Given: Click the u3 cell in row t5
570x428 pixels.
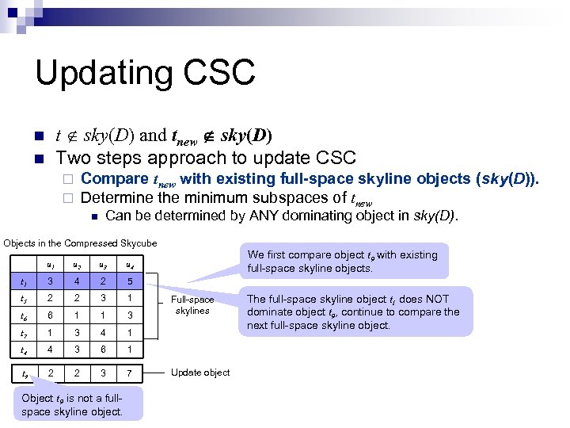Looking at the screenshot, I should point(103,299).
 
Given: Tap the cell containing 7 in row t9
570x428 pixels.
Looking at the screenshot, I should point(129,373).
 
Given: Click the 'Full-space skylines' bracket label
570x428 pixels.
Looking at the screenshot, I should point(192,305).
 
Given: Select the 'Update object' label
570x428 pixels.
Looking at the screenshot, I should point(200,373).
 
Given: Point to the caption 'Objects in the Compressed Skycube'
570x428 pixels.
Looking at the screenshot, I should point(81,243).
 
